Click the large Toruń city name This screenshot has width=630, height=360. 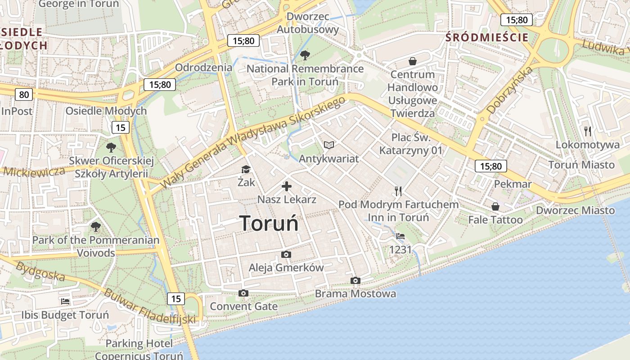click(x=269, y=223)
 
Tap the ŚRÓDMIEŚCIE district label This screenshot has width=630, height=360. click(x=487, y=37)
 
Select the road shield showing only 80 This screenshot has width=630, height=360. click(x=23, y=94)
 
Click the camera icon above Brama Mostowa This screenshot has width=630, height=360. click(x=355, y=281)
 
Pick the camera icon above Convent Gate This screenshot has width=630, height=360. click(x=243, y=293)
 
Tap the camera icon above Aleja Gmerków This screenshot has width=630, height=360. click(x=286, y=255)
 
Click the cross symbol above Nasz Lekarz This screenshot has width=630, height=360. click(x=287, y=186)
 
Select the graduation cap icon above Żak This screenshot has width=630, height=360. click(x=246, y=170)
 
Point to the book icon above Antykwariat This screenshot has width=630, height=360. click(x=329, y=145)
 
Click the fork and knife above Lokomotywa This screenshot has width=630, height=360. click(x=588, y=131)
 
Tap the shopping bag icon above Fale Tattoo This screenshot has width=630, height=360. click(x=495, y=207)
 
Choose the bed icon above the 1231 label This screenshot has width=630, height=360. click(x=400, y=236)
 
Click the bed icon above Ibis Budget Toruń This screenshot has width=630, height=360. click(x=65, y=301)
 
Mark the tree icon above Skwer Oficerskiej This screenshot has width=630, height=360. click(x=111, y=147)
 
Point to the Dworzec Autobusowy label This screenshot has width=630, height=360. click(x=308, y=23)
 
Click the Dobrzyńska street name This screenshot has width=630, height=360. click(x=510, y=90)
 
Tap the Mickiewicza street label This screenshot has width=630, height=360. click(x=34, y=171)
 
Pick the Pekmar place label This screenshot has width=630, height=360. click(x=513, y=184)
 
